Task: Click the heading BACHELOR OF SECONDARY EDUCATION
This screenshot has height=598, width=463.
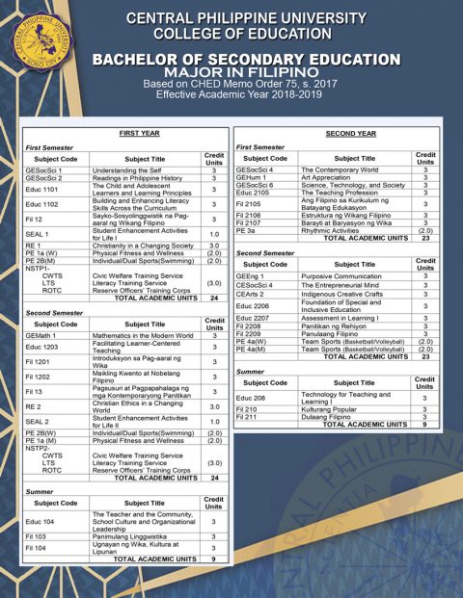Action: pos(245,60)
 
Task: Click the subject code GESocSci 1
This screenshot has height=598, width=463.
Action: pos(43,170)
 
